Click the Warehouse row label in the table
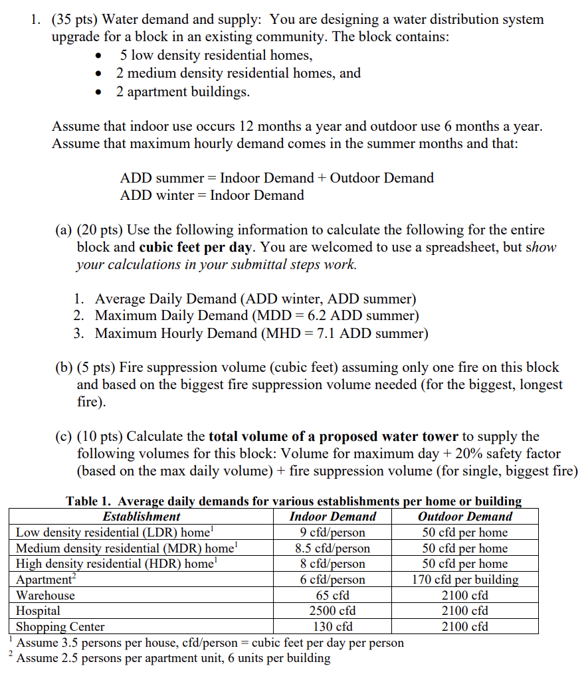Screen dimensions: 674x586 click(x=45, y=595)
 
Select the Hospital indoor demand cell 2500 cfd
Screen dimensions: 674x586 click(x=332, y=610)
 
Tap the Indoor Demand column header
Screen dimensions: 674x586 click(x=332, y=516)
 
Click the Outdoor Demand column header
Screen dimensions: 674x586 click(x=464, y=516)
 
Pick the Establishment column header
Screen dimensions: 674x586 click(x=141, y=516)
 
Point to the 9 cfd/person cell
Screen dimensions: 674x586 click(x=332, y=532)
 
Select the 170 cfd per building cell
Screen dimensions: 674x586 click(x=464, y=579)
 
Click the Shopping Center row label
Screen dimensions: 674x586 click(x=60, y=626)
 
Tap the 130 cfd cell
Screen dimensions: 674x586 click(x=332, y=626)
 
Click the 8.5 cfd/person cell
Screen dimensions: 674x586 click(x=332, y=548)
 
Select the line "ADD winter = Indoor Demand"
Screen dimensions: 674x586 click(x=211, y=195)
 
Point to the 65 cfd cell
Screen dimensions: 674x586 click(x=332, y=595)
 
